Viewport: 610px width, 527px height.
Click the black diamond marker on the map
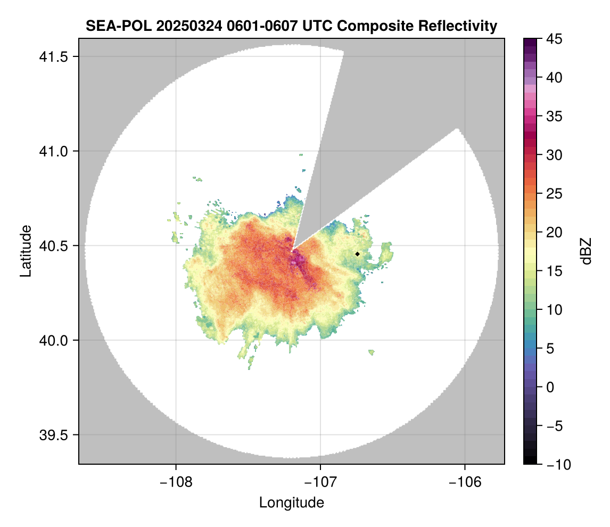point(357,254)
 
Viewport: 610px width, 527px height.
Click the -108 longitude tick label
point(175,482)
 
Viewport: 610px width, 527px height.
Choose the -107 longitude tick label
point(320,482)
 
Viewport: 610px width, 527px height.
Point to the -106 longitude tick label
point(465,482)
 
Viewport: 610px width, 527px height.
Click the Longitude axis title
point(291,503)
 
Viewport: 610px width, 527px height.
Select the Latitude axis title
point(26,251)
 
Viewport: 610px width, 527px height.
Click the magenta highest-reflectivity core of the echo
point(296,260)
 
